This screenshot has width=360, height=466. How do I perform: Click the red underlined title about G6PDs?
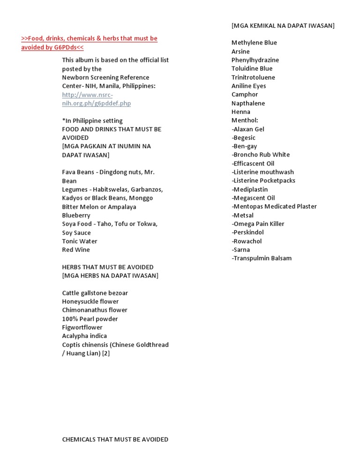pyautogui.click(x=89, y=43)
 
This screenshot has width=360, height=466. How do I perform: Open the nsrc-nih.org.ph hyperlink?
pyautogui.click(x=96, y=99)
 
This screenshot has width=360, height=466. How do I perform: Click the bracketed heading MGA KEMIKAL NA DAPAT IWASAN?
pyautogui.click(x=283, y=25)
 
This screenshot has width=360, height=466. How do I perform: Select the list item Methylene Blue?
pyautogui.click(x=254, y=43)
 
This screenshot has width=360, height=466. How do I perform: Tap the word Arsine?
pyautogui.click(x=240, y=52)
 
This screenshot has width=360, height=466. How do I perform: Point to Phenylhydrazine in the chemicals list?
pyautogui.click(x=255, y=60)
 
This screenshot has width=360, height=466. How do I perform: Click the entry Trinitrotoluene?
pyautogui.click(x=253, y=77)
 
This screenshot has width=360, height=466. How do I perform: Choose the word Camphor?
pyautogui.click(x=245, y=95)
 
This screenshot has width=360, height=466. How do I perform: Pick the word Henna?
pyautogui.click(x=241, y=112)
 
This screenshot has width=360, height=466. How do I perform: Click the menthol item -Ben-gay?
pyautogui.click(x=244, y=146)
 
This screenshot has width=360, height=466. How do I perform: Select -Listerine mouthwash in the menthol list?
pyautogui.click(x=263, y=172)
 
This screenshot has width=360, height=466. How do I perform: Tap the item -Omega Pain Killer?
pyautogui.click(x=258, y=224)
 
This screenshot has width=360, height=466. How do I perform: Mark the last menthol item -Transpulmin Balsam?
pyautogui.click(x=262, y=258)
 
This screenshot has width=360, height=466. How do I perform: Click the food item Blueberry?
pyautogui.click(x=76, y=216)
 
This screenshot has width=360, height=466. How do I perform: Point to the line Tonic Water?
pyautogui.click(x=80, y=241)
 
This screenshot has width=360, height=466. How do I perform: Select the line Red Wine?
pyautogui.click(x=76, y=250)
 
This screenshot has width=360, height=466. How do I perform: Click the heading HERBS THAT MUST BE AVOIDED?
pyautogui.click(x=108, y=267)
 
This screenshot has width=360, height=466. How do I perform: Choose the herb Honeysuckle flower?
pyautogui.click(x=90, y=301)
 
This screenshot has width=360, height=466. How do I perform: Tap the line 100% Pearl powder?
pyautogui.click(x=90, y=319)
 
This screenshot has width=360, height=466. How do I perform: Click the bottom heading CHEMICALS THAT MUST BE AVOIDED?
pyautogui.click(x=115, y=440)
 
